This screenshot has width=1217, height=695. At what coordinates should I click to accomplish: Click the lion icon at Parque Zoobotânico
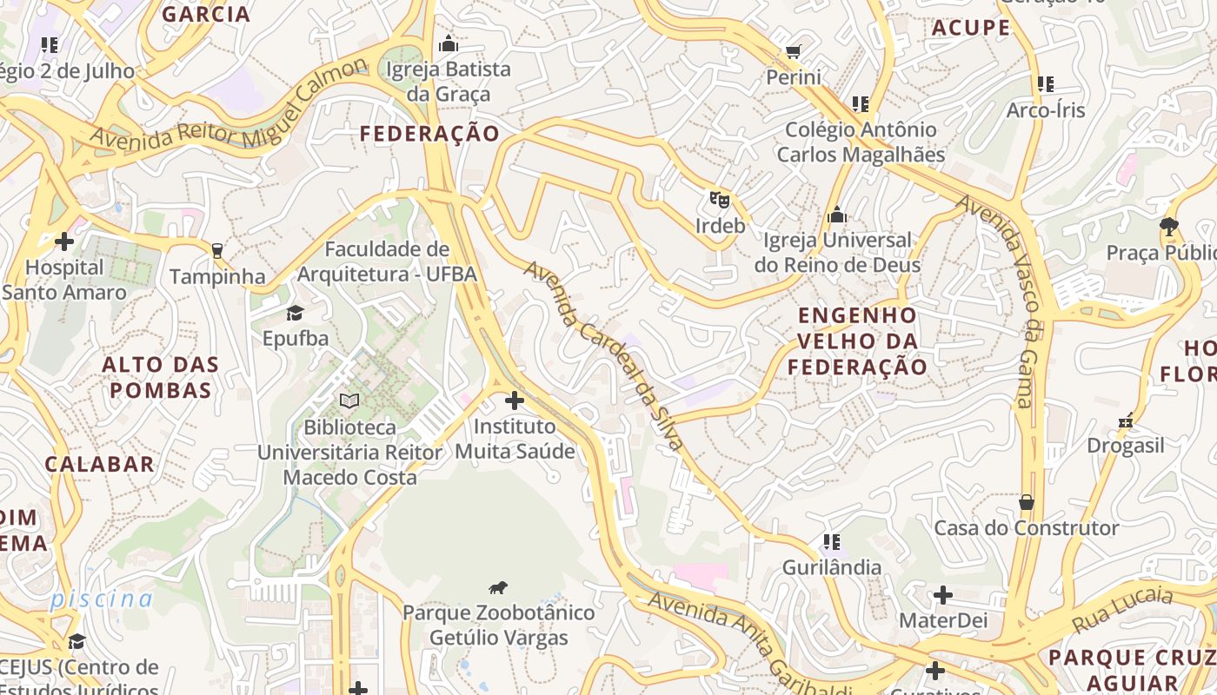tap(498, 588)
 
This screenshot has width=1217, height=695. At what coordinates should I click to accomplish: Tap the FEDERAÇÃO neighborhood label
tap(429, 134)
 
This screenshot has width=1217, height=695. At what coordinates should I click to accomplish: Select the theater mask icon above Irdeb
tap(719, 200)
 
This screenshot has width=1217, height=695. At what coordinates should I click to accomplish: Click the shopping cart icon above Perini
tap(793, 52)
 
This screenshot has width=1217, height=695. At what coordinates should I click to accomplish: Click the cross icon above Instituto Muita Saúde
tap(515, 400)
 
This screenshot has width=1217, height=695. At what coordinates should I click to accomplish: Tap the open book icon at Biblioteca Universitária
tap(349, 401)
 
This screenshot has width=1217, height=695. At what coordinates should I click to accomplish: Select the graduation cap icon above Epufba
tap(296, 313)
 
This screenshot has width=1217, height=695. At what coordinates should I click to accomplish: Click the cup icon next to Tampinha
tap(216, 251)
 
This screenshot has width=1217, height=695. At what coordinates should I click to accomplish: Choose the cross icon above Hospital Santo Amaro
tap(64, 242)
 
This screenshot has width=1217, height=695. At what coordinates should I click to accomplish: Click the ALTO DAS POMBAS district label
tap(161, 377)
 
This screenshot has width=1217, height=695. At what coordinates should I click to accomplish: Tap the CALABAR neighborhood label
tap(100, 464)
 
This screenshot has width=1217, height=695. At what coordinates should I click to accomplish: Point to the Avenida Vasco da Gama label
tap(1001, 301)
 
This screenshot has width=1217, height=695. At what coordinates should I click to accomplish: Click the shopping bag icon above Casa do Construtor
tap(1027, 502)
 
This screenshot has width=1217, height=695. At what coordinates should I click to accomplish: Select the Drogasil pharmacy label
tap(1125, 446)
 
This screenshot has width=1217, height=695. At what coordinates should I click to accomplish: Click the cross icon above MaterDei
tap(942, 595)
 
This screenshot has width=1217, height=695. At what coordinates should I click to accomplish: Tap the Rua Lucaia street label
tap(1122, 610)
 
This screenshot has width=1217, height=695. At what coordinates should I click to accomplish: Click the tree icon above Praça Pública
tap(1169, 227)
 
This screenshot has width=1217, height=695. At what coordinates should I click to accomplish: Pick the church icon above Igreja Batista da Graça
tap(449, 43)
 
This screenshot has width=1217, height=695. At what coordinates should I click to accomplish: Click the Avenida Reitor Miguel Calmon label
tap(229, 104)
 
